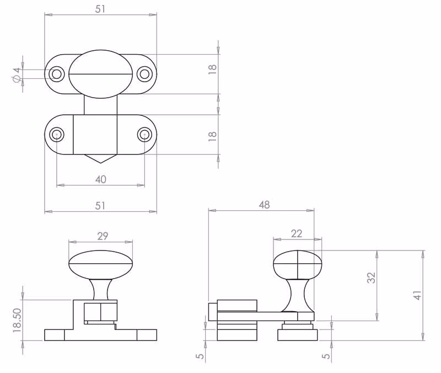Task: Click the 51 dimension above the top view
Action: pyautogui.click(x=100, y=9)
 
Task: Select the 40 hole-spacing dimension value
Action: pyautogui.click(x=101, y=179)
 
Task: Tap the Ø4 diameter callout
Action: pyautogui.click(x=17, y=75)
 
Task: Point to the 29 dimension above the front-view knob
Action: pyautogui.click(x=103, y=236)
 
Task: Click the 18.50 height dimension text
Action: pyautogui.click(x=17, y=321)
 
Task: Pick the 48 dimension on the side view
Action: pyautogui.click(x=264, y=205)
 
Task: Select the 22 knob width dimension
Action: pyautogui.click(x=297, y=233)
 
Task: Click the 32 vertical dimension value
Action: pyautogui.click(x=371, y=278)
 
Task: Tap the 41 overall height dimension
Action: pyautogui.click(x=418, y=295)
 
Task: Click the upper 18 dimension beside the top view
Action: pyautogui.click(x=212, y=70)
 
